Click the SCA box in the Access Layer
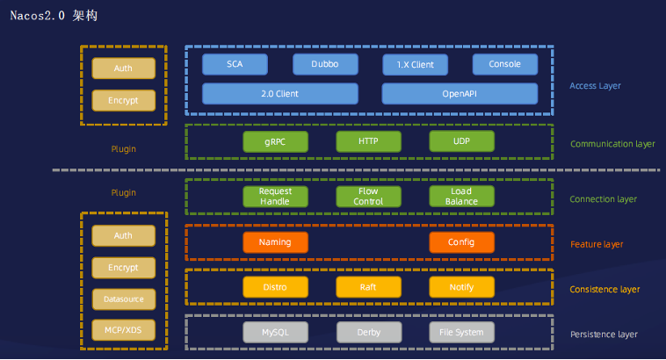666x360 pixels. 235,64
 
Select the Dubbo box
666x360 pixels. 325,64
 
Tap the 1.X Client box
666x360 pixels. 415,64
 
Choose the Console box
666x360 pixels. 505,64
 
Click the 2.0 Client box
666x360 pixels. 279,93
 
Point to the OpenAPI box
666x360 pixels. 460,93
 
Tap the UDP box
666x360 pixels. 461,141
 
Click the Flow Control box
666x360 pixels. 369,197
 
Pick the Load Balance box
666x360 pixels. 461,197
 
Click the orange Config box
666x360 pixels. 461,242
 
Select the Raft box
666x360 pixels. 369,287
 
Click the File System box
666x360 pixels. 461,333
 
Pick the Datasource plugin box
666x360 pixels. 123,299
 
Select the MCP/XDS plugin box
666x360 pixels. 123,329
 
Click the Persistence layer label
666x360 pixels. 604,335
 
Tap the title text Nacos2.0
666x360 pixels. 40,16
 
